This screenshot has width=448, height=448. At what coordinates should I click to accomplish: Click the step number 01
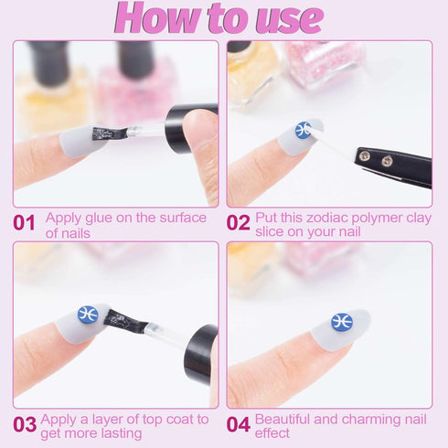pos(24,223)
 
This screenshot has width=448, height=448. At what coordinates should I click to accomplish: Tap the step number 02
pos(239,223)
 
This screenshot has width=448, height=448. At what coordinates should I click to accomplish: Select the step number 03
pos(25,424)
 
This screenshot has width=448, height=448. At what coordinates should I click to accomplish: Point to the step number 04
pos(239,424)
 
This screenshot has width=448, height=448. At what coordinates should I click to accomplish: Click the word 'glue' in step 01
pos(99,219)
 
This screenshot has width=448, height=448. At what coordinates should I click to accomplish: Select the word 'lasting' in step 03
pos(122,433)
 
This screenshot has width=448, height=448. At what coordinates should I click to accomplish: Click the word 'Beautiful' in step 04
pos(283,419)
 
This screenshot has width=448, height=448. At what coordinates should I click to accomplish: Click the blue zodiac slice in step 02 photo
pos(304,130)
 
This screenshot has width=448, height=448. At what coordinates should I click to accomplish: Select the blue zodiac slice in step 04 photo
pos(342,322)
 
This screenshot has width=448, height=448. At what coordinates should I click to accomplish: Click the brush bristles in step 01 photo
pos(108,133)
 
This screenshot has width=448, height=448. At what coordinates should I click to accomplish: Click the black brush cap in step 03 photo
pos(200,354)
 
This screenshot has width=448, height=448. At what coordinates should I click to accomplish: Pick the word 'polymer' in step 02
pos(377,219)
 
